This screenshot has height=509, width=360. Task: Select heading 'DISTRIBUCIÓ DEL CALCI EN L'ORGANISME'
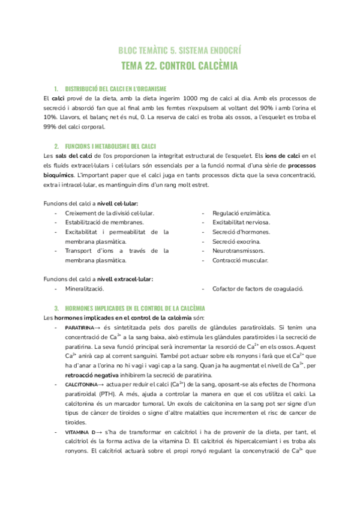tap(111, 89)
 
